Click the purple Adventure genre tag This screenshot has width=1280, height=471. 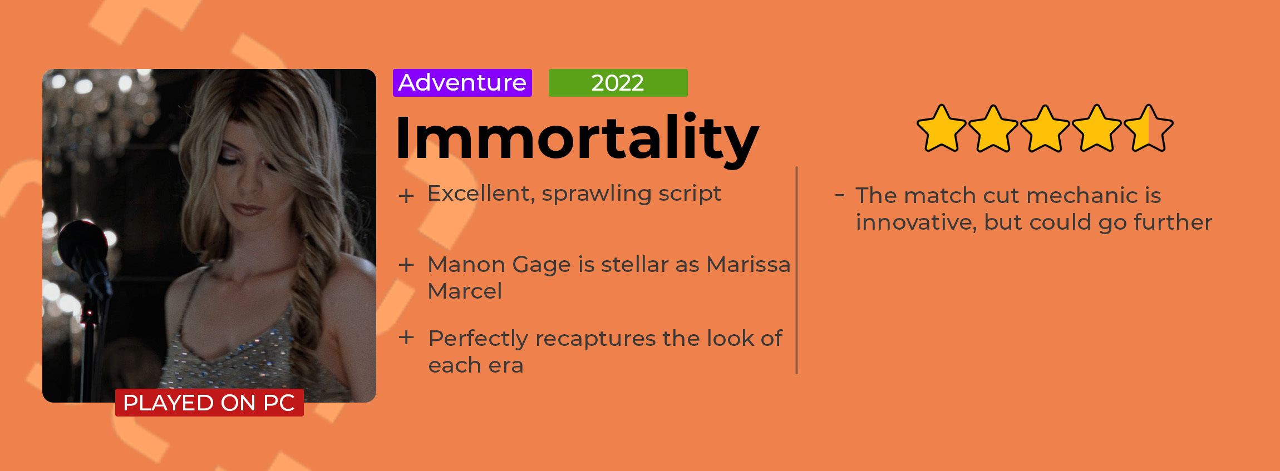tap(462, 83)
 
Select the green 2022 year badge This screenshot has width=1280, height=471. tap(618, 83)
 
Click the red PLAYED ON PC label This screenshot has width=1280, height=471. tap(209, 403)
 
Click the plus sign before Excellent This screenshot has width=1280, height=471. tap(406, 196)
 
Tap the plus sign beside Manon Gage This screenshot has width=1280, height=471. tap(406, 265)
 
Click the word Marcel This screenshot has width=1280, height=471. tap(465, 291)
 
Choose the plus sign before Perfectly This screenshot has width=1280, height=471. tap(406, 337)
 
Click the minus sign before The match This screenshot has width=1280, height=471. tap(840, 195)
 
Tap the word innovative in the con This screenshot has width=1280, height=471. tap(916, 222)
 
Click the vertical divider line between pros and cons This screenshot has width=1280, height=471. tap(797, 270)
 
